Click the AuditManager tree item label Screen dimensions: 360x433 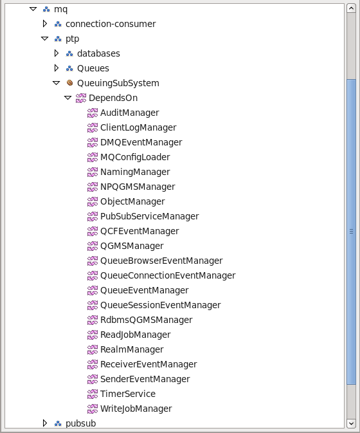130,113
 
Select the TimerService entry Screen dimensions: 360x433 128,394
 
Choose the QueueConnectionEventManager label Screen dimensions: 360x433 168,275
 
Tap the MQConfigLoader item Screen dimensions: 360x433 135,157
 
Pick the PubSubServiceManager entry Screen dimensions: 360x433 150,216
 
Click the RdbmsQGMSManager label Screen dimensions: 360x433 146,320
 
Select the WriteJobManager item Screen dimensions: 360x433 136,409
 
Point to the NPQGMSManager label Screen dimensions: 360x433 138,187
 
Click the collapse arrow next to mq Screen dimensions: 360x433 33,9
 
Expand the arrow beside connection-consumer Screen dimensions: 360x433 45,24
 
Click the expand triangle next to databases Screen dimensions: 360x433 57,53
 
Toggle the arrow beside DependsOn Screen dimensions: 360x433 68,98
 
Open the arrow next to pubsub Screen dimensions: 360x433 45,423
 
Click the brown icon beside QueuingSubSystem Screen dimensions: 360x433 70,82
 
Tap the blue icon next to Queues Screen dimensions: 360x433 69,68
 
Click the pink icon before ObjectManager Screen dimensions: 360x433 93,201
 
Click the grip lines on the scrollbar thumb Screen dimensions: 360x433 351,232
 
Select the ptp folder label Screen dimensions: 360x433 72,39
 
